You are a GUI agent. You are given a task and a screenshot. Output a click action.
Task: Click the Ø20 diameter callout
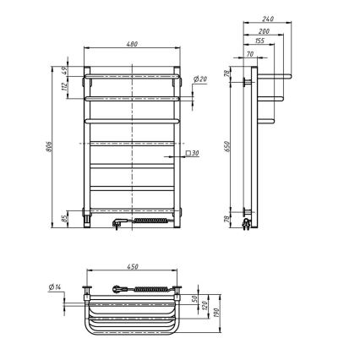pyautogui.click(x=201, y=79)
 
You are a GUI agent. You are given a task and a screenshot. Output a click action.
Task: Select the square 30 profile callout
pyautogui.click(x=194, y=154)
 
